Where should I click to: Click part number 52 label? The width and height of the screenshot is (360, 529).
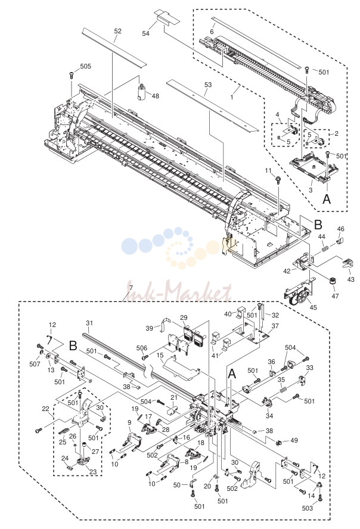pos(117,31)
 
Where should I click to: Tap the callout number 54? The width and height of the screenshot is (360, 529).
pos(146,33)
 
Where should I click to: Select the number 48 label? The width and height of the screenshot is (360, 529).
pos(155,96)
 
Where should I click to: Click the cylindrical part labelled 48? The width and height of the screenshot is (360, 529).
pos(141,91)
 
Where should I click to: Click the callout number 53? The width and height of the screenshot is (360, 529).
pos(208,85)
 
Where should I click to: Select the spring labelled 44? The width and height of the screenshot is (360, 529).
pos(325,249)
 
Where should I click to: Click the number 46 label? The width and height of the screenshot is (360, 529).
pos(341,229)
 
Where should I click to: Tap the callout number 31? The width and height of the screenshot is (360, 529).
pos(89,323)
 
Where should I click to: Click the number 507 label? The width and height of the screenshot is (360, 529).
pos(35,364)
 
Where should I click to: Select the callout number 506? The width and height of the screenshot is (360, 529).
pos(142,348)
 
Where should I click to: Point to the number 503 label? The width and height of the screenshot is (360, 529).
pos(308,508)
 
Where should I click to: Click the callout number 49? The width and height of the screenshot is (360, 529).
pos(294,440)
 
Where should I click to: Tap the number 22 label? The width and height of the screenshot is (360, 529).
pos(45,409)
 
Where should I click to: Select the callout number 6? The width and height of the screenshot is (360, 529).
pos(212,32)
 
